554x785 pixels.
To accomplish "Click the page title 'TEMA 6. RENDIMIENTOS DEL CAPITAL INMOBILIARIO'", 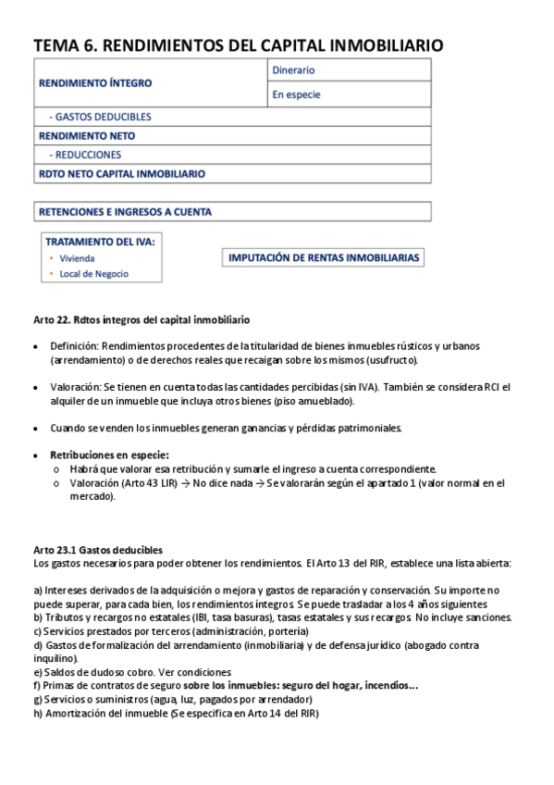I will click(x=238, y=44).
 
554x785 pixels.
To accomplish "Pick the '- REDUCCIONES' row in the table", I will click(x=85, y=155).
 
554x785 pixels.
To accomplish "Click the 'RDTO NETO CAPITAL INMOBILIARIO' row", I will click(x=121, y=173).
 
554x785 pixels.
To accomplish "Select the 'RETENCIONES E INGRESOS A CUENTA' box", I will click(x=125, y=212).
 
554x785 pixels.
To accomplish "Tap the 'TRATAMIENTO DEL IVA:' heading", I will click(x=100, y=242).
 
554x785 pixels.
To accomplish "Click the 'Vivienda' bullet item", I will click(x=77, y=258).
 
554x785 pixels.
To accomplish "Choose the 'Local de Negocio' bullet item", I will click(x=93, y=274).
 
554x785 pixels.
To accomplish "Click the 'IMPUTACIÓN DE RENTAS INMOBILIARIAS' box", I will click(x=324, y=258).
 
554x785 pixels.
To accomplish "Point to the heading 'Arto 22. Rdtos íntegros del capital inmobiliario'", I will click(x=141, y=319).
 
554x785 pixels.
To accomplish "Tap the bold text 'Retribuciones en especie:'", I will click(x=109, y=455).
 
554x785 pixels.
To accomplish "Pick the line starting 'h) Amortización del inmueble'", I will click(x=176, y=713).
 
